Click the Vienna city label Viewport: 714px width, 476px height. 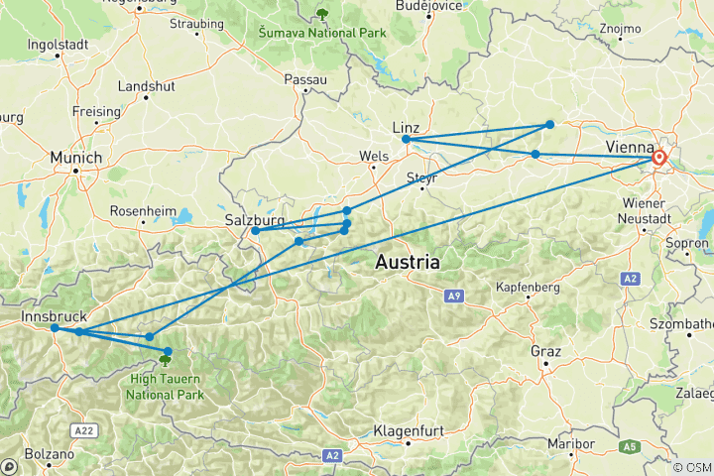click(x=628, y=146)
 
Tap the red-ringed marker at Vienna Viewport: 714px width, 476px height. click(x=658, y=157)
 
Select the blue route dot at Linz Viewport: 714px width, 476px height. click(x=407, y=140)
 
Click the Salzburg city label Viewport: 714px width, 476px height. click(x=255, y=219)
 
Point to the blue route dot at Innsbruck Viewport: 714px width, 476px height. click(x=55, y=328)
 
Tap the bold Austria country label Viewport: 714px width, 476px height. click(x=408, y=263)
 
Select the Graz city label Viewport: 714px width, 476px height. click(x=545, y=351)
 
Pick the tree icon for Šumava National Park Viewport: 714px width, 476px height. click(x=320, y=13)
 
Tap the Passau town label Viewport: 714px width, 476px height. click(x=304, y=78)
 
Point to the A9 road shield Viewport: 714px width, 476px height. click(x=454, y=296)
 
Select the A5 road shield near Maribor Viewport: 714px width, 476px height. click(x=628, y=447)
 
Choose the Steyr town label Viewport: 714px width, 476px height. click(x=421, y=178)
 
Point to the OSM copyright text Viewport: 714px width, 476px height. click(x=691, y=467)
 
